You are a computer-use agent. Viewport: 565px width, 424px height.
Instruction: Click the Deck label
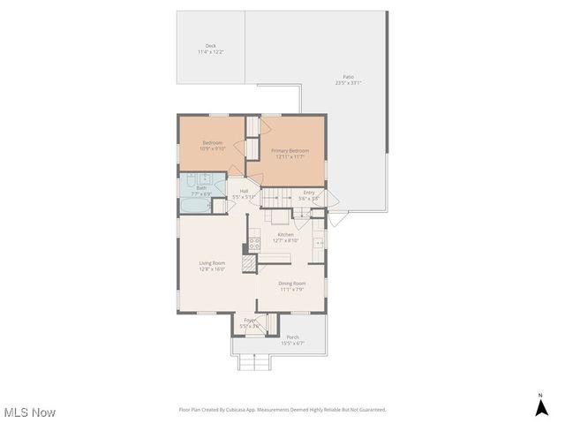pos(210,46)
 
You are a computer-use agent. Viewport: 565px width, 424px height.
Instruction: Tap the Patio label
pos(348,77)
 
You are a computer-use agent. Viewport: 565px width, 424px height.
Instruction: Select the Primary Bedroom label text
pos(290,151)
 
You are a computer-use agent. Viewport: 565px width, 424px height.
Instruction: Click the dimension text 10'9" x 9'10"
pos(213,149)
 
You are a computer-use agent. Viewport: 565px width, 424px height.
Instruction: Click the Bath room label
pos(201,187)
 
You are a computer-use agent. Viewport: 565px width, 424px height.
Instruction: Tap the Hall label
pos(244,191)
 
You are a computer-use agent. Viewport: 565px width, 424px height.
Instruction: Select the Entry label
pos(309,193)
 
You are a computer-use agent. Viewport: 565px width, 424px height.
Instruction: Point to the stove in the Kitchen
pos(254,241)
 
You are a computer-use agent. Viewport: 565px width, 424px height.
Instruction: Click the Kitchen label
pos(286,234)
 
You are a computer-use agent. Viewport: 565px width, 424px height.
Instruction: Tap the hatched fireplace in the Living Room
pos(249,262)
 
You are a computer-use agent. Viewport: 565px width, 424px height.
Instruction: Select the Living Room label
pos(212,262)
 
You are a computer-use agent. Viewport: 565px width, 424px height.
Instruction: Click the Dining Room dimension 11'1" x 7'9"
pos(291,289)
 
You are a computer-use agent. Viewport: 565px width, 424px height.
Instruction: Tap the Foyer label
pos(250,320)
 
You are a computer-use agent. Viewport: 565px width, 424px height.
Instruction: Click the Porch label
pos(292,337)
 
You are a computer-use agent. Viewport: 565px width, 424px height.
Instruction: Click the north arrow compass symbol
pos(541,405)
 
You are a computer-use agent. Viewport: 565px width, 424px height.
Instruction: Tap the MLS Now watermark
pos(30,413)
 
